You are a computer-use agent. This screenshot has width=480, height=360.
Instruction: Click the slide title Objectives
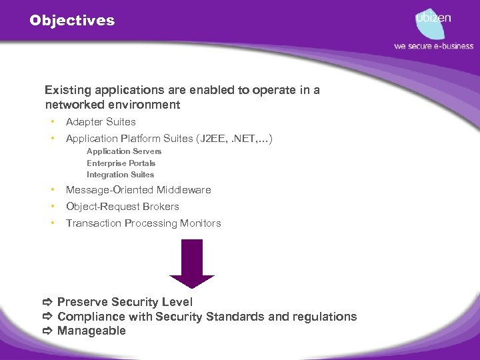[x=72, y=21]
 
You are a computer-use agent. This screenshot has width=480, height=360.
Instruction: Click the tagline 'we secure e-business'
[x=433, y=46]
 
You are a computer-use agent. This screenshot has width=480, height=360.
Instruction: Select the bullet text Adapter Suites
[x=101, y=122]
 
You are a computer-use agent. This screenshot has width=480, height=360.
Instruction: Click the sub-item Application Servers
[x=124, y=151]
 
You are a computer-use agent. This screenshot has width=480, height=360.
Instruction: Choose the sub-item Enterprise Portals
[x=121, y=163]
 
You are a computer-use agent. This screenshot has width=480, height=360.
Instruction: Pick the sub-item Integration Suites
[x=120, y=175]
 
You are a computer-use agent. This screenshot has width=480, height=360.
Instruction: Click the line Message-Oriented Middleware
[x=138, y=190]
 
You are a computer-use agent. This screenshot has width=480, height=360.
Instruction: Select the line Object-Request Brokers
[x=122, y=207]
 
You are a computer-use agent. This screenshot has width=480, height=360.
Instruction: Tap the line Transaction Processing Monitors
[x=143, y=223]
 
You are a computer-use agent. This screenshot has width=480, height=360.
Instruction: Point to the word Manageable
[x=91, y=331]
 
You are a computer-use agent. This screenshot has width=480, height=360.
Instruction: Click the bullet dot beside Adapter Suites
[x=51, y=122]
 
